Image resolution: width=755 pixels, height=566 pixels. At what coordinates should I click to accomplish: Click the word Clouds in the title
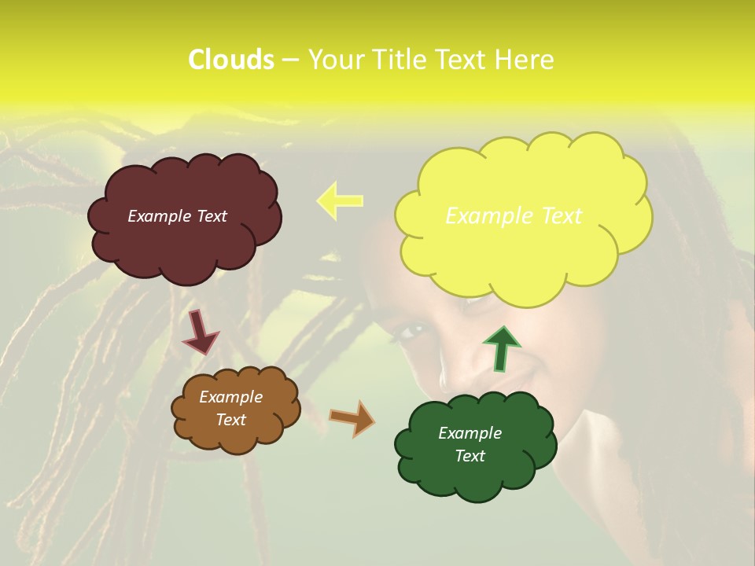pyautogui.click(x=231, y=60)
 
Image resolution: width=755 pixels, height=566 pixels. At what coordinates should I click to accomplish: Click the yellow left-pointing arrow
pyautogui.click(x=340, y=200)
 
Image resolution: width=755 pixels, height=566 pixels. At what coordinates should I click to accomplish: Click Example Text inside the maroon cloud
pyautogui.click(x=177, y=216)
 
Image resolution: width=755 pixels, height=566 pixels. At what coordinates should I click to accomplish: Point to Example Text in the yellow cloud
pyautogui.click(x=514, y=216)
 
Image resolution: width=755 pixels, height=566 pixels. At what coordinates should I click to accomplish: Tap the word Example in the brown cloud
pyautogui.click(x=230, y=397)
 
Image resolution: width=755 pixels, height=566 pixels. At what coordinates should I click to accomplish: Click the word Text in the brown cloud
pyautogui.click(x=231, y=420)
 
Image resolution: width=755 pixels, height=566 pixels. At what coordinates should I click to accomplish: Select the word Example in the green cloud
pyautogui.click(x=470, y=433)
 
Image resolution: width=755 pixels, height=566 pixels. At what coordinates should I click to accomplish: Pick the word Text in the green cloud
pyautogui.click(x=470, y=456)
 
